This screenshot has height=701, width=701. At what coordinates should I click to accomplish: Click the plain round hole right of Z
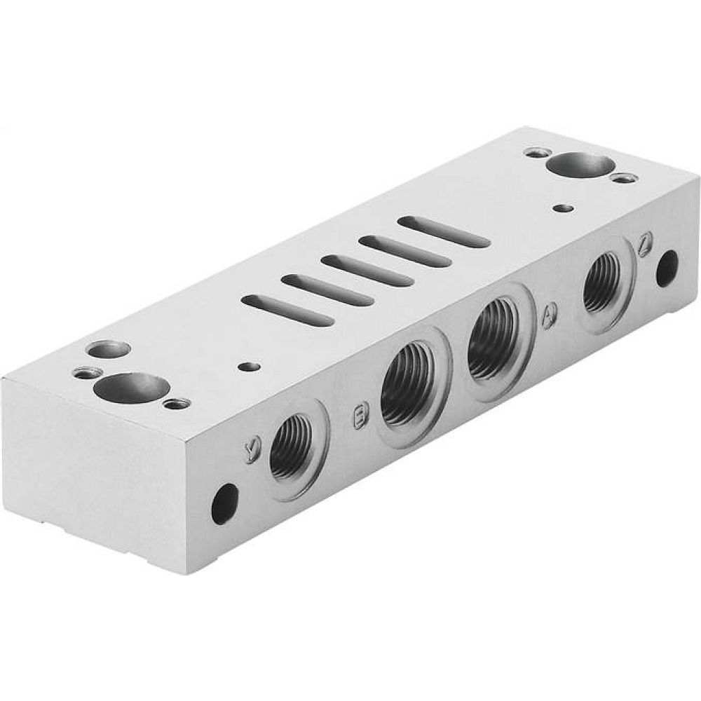[x=667, y=268]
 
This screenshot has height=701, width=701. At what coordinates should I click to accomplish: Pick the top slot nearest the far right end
[x=443, y=232]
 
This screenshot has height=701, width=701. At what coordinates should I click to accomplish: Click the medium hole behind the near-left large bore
[x=109, y=348]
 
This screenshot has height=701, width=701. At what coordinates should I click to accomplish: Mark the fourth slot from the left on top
[x=404, y=251]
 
